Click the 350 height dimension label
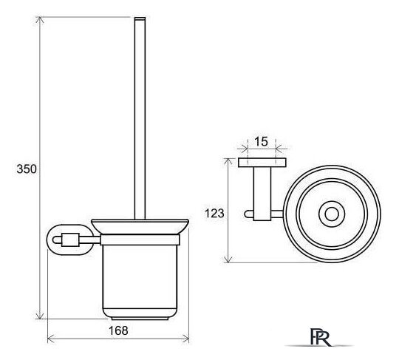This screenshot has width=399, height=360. click(x=27, y=169)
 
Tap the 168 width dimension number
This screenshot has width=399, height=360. click(x=118, y=330)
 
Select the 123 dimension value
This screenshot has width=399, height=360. click(x=214, y=214)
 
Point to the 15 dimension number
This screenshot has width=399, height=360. click(x=262, y=141)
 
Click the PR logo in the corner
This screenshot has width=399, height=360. click(x=320, y=337)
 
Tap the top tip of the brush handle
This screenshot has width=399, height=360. click(x=140, y=18)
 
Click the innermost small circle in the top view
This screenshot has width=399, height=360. click(x=332, y=214)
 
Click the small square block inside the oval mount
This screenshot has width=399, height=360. click(x=70, y=240)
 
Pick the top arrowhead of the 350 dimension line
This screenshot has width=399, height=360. click(x=39, y=19)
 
